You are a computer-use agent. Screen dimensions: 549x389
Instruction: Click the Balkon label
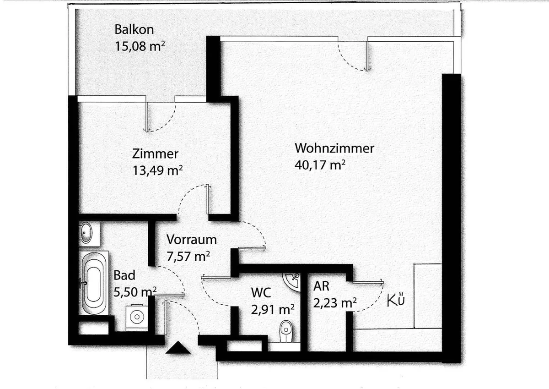tap(134, 30)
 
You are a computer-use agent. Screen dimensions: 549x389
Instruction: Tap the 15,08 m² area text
tap(140, 46)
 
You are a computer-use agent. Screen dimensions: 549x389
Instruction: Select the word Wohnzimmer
tap(334, 148)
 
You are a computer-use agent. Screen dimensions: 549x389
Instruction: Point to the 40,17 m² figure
tap(320, 164)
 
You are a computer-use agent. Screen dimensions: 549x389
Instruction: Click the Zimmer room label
tap(155, 154)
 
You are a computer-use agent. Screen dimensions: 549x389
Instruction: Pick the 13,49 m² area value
tap(157, 170)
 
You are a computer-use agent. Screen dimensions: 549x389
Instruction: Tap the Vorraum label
tap(191, 240)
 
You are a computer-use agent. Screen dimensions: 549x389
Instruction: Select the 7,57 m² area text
tap(188, 256)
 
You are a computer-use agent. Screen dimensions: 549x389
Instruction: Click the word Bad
tap(124, 275)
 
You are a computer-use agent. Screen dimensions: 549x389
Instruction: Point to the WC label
tap(261, 292)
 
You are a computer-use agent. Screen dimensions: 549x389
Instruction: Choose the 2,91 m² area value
tap(273, 309)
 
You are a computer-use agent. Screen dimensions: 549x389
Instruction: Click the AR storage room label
tap(321, 286)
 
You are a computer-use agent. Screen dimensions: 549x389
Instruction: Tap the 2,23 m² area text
tap(335, 303)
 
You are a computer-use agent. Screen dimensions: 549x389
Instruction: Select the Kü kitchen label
tap(396, 301)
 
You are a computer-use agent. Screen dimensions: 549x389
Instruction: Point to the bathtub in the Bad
tap(94, 283)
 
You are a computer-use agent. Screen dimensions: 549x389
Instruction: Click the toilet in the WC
tap(286, 331)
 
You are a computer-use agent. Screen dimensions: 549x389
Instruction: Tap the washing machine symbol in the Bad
tap(137, 318)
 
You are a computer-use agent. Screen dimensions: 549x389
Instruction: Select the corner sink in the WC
tap(293, 281)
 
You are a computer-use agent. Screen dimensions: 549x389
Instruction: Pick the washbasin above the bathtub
tap(86, 232)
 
